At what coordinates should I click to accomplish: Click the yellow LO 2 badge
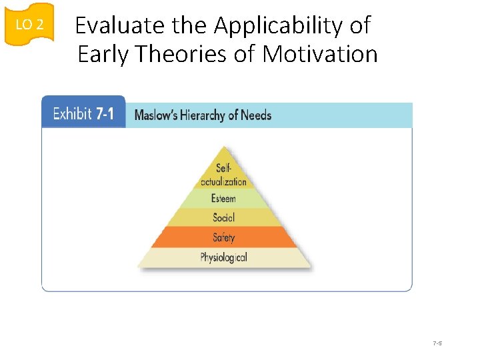[29, 24]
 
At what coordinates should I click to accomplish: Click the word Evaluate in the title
[119, 25]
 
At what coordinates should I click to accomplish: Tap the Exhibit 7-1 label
[83, 114]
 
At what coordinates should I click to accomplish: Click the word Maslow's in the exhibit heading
[156, 115]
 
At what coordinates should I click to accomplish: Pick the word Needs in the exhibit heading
[256, 115]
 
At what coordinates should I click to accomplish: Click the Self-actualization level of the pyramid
[223, 175]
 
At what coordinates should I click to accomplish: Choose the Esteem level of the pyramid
[223, 199]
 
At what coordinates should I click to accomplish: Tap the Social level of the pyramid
[223, 217]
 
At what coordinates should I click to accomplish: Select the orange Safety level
[223, 237]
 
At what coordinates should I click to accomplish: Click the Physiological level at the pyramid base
[223, 257]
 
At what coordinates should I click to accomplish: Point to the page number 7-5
[438, 343]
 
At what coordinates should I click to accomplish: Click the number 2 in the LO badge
[39, 25]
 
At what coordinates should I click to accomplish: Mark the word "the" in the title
[190, 25]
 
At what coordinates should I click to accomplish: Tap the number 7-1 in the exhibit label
[105, 114]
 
